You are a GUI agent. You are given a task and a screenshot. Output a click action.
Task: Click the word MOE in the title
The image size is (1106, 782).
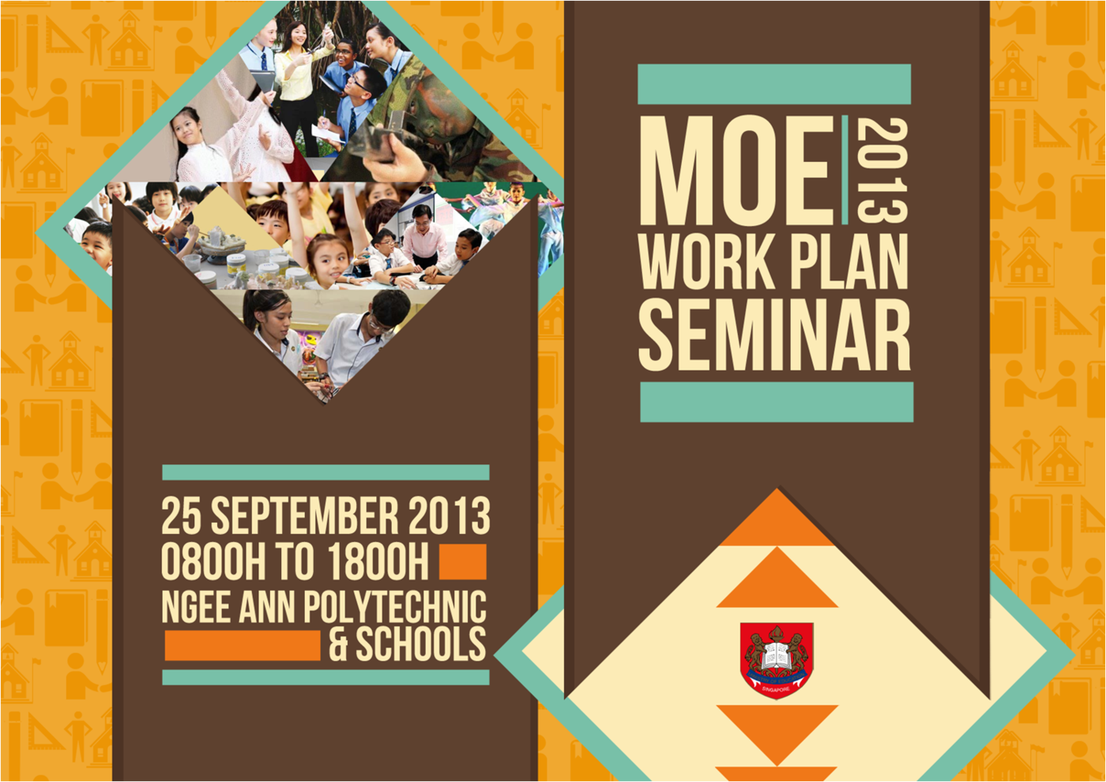coord(736,171)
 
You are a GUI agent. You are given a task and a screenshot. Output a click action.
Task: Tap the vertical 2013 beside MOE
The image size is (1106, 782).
coord(881,171)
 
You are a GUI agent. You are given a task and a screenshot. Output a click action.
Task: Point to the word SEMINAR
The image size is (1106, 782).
coord(774,336)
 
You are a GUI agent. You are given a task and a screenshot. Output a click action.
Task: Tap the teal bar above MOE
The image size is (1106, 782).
coord(774,85)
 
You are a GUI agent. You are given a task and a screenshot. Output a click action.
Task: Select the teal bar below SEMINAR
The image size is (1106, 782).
coord(777,402)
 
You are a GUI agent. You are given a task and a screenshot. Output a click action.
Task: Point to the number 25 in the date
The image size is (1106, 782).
coord(181,517)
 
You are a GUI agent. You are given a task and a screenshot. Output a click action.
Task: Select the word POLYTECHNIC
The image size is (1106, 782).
coord(395,607)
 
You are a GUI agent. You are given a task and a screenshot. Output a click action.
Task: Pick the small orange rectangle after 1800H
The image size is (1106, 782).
coord(462,562)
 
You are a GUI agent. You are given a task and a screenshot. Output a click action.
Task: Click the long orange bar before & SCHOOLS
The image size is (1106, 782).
coord(243,645)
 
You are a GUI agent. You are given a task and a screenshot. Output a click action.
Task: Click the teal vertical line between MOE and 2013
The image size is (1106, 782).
coord(845,171)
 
